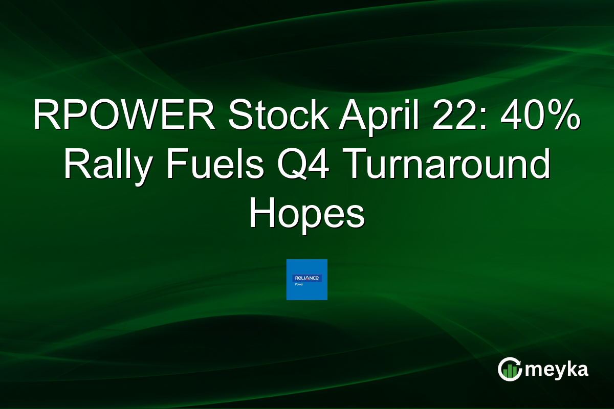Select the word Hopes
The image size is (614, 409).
tap(306, 214)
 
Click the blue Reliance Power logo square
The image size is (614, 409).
tap(306, 280)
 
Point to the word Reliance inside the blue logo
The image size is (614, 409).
tap(306, 278)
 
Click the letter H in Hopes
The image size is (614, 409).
tap(260, 214)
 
